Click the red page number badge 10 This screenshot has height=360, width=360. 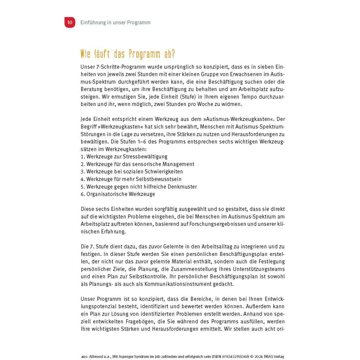pyautogui.click(x=70, y=22)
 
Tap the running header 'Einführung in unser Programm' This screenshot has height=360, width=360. pyautogui.click(x=115, y=22)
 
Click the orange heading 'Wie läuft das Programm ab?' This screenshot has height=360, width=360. pyautogui.click(x=128, y=54)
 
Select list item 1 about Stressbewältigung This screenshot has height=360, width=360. pyautogui.click(x=124, y=156)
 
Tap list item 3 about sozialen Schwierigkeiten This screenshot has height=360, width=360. pyautogui.click(x=132, y=172)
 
